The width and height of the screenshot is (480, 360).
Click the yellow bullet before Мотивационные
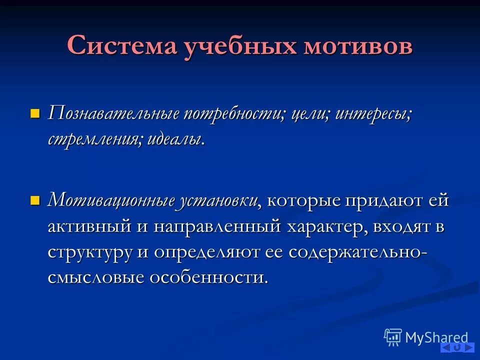34,200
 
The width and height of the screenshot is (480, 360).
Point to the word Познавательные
113,113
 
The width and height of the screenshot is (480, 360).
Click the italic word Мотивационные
110,201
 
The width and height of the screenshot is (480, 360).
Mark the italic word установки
218,201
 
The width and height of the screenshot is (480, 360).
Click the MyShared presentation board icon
393,337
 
